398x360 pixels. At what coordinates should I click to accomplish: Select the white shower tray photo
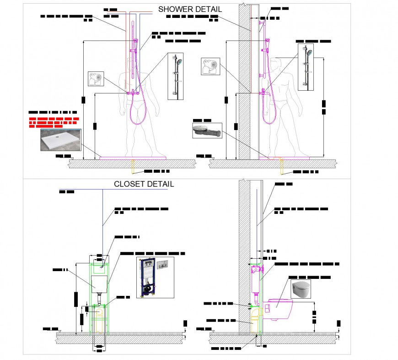(x=61, y=140)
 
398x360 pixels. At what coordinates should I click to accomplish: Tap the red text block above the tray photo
(x=54, y=121)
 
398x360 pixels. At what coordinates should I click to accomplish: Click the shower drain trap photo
(x=207, y=131)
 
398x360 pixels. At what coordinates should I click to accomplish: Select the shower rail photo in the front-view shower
(x=176, y=76)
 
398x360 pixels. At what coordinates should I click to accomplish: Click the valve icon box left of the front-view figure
(x=96, y=79)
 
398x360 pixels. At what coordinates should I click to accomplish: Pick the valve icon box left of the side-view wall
(x=210, y=66)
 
